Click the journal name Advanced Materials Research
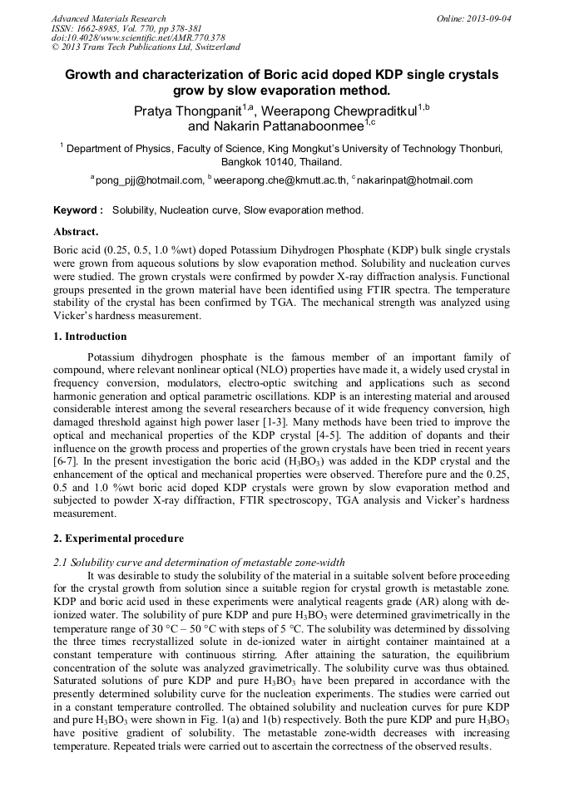[x=108, y=18]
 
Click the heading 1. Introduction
[x=90, y=337]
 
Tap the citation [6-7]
[x=66, y=460]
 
